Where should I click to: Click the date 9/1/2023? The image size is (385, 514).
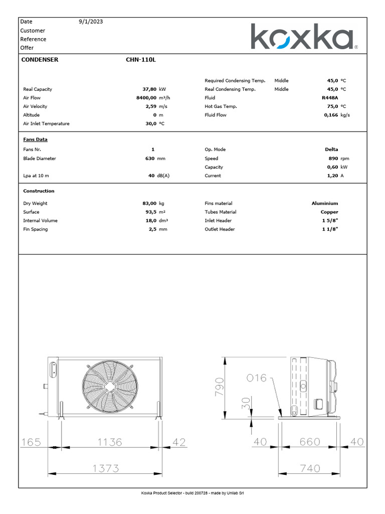coord(91,22)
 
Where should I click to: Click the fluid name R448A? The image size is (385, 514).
coord(330,98)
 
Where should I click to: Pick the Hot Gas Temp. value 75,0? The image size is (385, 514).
coord(331,106)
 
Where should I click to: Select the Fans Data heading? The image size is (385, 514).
coord(35,140)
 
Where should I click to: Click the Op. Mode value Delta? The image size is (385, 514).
coord(331,150)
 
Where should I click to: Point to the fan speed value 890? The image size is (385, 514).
coord(333,158)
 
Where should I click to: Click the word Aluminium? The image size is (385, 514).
coord(325,203)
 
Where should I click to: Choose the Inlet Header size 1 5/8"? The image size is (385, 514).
coord(330,221)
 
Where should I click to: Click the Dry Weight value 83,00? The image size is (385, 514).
coord(149,203)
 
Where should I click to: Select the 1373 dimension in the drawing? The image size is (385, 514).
coord(105,468)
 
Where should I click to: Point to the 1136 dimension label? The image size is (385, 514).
coord(109,442)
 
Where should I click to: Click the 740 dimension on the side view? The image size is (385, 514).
coord(310,468)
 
